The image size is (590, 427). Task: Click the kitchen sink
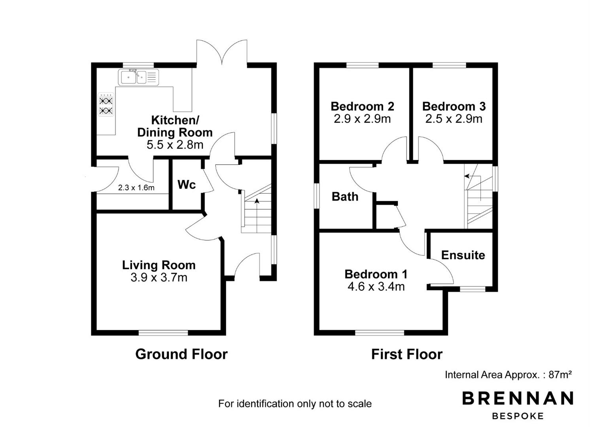click(x=138, y=77)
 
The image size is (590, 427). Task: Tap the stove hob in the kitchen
click(x=106, y=105)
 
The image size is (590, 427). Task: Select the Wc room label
click(x=187, y=185)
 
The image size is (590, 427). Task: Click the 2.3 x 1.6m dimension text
click(x=136, y=188)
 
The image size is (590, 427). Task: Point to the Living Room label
click(x=159, y=265)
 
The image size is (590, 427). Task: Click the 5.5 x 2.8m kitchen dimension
click(x=175, y=145)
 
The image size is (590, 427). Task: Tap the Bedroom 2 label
click(x=363, y=106)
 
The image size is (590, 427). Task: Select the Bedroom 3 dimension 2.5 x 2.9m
click(x=454, y=119)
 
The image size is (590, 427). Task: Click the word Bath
click(x=345, y=197)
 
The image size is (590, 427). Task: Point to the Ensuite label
click(x=463, y=255)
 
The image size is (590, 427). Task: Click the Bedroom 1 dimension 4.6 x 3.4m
click(x=376, y=287)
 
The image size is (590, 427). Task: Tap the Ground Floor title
click(x=182, y=354)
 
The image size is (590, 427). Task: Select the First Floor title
click(x=407, y=354)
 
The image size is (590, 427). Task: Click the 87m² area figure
click(x=560, y=374)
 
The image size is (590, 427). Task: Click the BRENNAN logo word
click(x=518, y=398)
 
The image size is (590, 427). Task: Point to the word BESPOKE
click(x=518, y=416)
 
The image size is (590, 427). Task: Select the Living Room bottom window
click(x=163, y=333)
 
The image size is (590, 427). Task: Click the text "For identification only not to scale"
click(x=295, y=404)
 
